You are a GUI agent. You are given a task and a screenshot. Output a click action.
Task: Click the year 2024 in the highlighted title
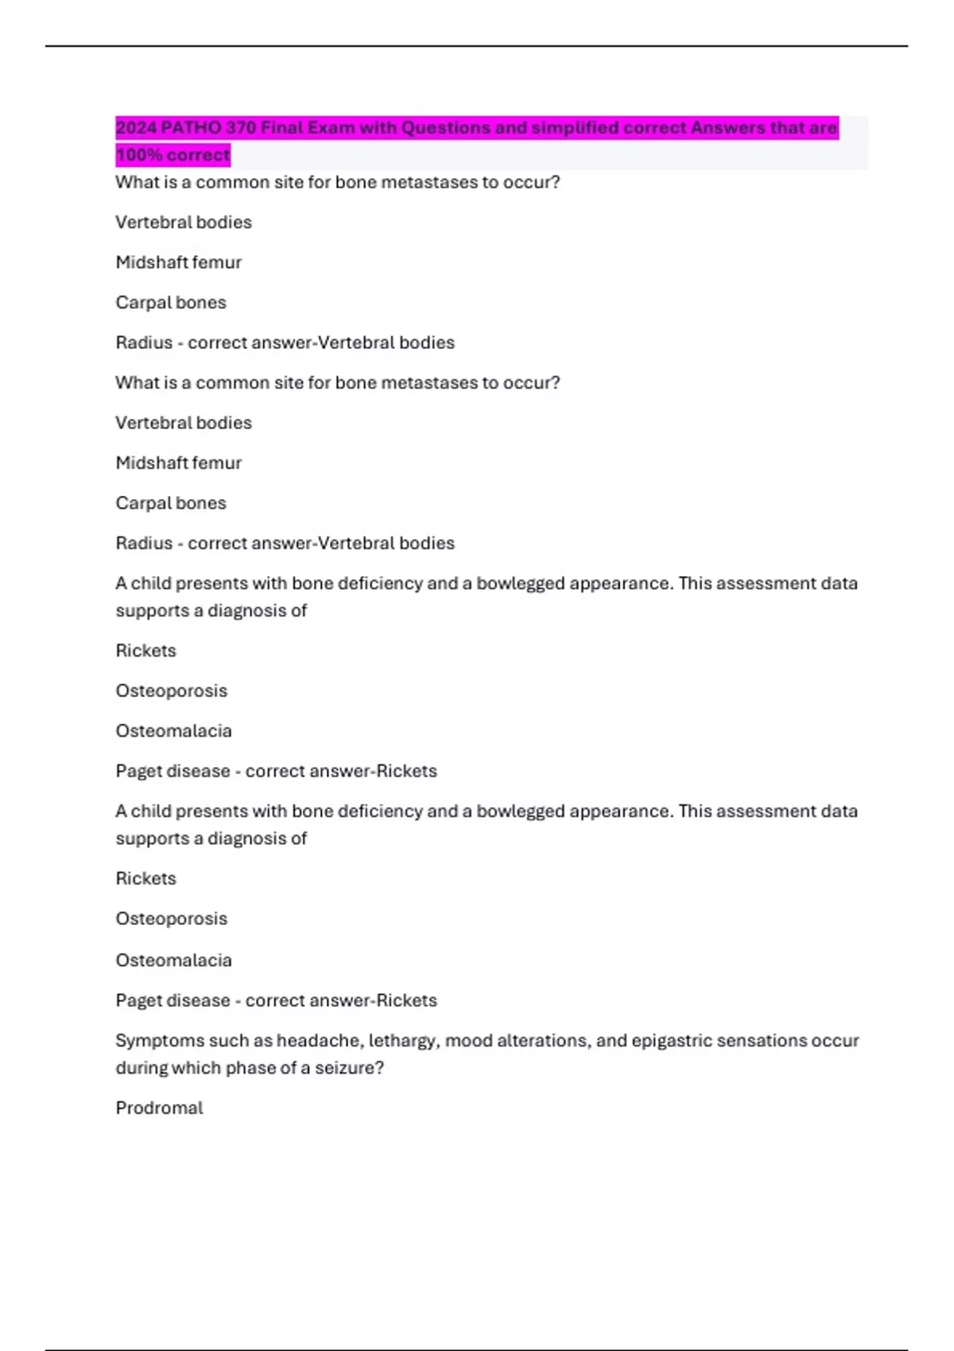click(x=136, y=128)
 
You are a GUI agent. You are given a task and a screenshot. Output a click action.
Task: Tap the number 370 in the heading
click(x=241, y=128)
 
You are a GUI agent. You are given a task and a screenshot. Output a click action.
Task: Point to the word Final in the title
click(x=281, y=128)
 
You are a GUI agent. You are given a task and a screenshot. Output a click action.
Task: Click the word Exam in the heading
click(x=329, y=128)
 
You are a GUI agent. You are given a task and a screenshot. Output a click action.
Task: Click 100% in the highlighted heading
click(x=139, y=155)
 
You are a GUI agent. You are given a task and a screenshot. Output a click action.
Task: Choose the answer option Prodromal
click(x=159, y=1108)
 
